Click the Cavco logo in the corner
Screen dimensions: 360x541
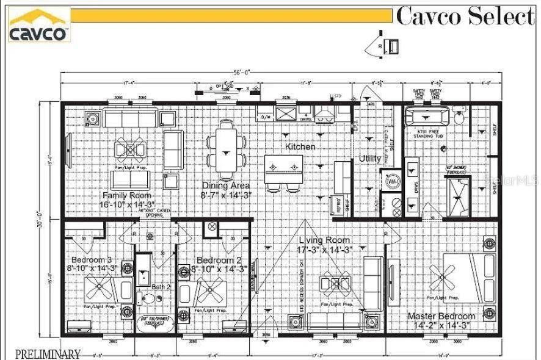pos(38,25)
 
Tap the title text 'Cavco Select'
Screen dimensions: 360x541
pos(465,16)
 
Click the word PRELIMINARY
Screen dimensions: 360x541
pos(48,354)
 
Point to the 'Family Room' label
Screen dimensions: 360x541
pos(126,196)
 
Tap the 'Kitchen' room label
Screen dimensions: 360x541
pos(300,147)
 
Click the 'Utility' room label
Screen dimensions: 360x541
pos(370,159)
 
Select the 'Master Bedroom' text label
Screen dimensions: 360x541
pos(441,316)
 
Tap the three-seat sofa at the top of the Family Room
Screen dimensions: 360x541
pos(129,118)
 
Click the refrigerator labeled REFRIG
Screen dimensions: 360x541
pos(336,206)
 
